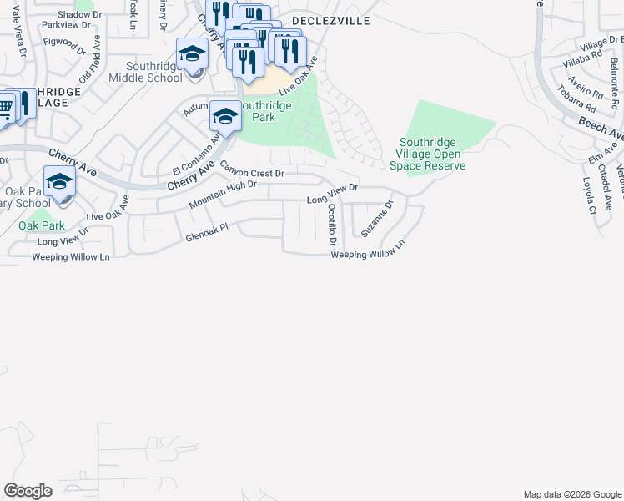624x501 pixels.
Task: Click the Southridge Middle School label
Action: (153, 72)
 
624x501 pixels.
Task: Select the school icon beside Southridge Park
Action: (225, 116)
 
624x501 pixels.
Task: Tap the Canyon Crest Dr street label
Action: (252, 170)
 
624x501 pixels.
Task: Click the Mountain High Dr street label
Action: (222, 195)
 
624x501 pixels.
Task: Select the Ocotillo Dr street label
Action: (332, 225)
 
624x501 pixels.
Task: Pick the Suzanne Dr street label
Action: (377, 217)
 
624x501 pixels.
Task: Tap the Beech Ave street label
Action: (602, 128)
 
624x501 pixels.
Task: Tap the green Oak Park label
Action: (42, 225)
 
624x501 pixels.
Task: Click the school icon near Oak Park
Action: (59, 182)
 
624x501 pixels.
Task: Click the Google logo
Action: (28, 491)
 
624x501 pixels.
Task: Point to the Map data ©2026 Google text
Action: (571, 494)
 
